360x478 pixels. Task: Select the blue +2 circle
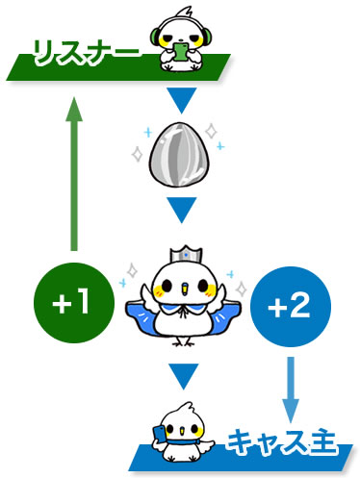pyautogui.click(x=288, y=309)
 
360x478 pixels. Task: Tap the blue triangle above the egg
pyautogui.click(x=181, y=100)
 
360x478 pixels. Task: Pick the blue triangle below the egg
pyautogui.click(x=181, y=208)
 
